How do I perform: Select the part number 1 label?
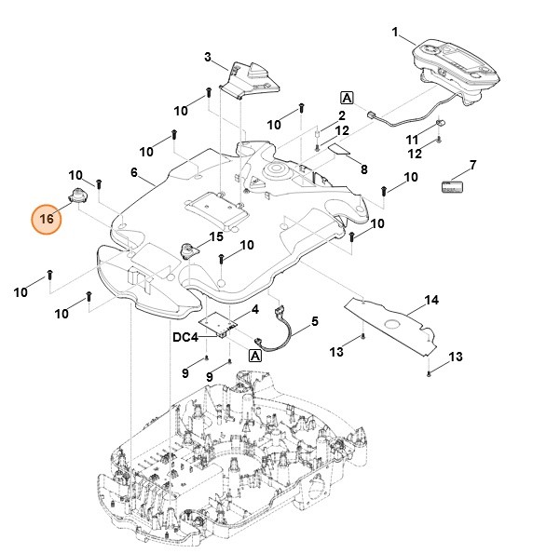click(x=395, y=33)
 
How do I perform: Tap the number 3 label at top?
click(x=208, y=58)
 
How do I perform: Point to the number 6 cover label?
click(x=134, y=172)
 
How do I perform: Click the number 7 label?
click(x=472, y=165)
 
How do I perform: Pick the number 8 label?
click(x=363, y=169)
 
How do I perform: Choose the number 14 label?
click(x=431, y=300)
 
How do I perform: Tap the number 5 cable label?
click(x=314, y=321)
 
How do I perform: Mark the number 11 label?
click(x=412, y=139)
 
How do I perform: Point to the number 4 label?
click(x=254, y=308)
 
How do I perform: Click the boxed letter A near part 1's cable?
click(x=347, y=98)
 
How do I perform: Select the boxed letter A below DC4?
click(x=254, y=355)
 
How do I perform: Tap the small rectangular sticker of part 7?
click(x=453, y=185)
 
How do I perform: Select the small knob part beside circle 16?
click(x=77, y=195)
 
